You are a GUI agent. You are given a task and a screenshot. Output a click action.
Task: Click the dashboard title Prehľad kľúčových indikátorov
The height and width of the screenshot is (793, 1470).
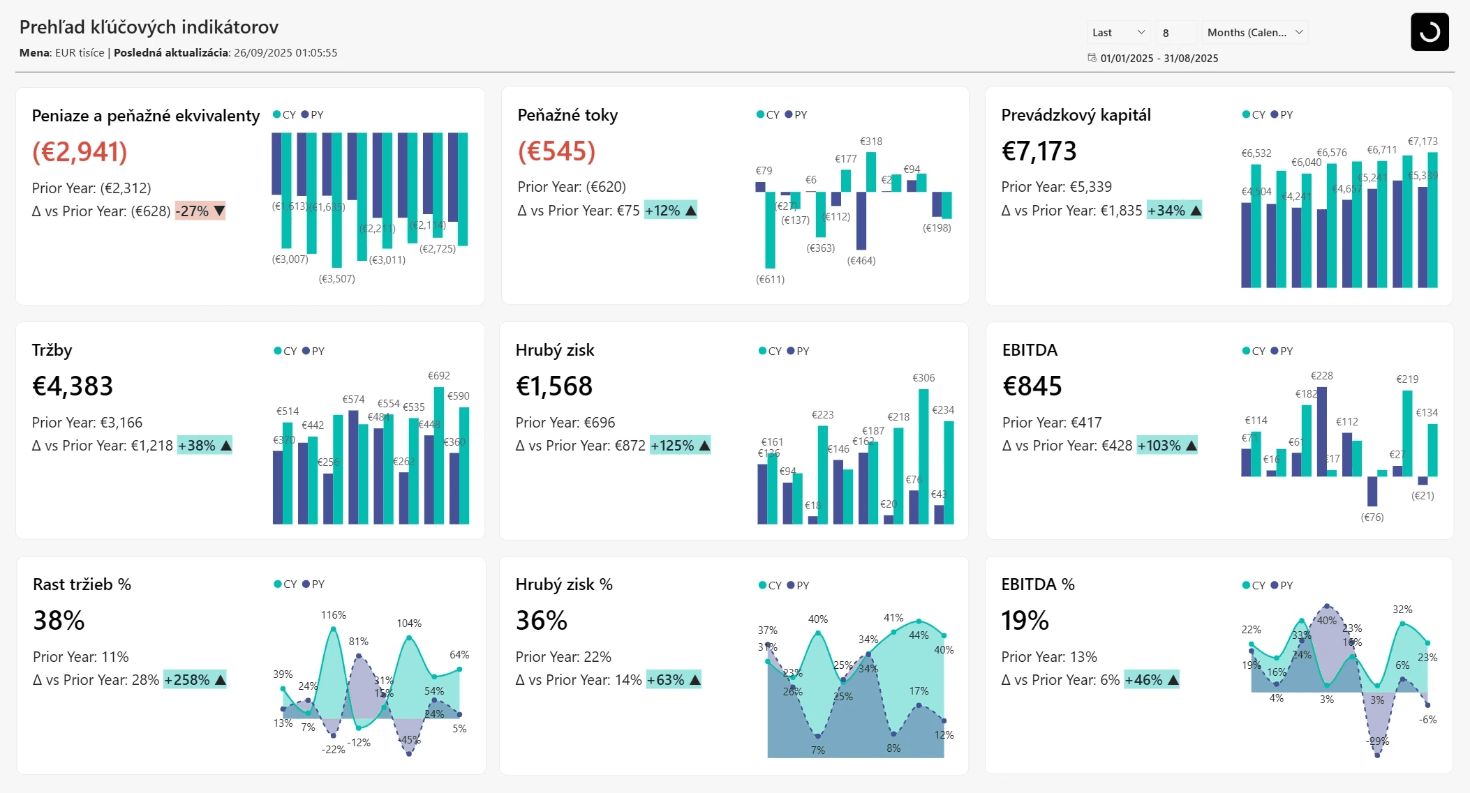pos(149,27)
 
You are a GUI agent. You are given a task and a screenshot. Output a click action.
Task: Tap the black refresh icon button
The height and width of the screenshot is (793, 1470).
pos(1429,32)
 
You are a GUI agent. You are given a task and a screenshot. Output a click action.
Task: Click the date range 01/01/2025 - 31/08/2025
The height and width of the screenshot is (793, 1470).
pos(1159,59)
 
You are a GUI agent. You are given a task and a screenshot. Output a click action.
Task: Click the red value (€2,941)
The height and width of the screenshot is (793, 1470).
pos(80,151)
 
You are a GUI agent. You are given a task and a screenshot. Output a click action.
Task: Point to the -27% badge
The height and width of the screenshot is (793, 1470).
pos(200,211)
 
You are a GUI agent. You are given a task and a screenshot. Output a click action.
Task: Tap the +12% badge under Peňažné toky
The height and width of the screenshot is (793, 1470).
pos(670,211)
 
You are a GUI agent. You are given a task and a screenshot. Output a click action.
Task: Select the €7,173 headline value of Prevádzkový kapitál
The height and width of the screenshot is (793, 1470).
pos(1039,151)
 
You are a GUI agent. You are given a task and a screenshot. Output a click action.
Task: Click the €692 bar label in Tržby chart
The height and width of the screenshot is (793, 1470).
pos(438,376)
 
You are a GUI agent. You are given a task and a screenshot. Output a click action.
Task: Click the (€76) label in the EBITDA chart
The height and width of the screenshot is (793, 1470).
pos(1372,518)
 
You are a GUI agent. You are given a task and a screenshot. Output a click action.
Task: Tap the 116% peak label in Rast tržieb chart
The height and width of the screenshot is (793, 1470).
pos(333,615)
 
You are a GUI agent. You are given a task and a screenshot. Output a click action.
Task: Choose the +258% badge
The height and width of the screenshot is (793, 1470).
pos(195,680)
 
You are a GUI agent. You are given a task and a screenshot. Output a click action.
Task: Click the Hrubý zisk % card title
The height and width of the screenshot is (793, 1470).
pos(564,584)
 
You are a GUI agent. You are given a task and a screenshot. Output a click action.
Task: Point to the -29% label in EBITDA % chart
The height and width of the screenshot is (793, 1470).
pos(1377,741)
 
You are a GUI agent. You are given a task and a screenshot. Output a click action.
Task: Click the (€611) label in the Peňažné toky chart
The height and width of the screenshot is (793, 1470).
pos(770,280)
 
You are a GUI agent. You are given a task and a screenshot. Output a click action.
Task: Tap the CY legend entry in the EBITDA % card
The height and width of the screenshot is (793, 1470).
pos(1254,585)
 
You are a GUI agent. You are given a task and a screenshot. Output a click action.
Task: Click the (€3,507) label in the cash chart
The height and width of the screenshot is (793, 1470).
pos(336,279)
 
